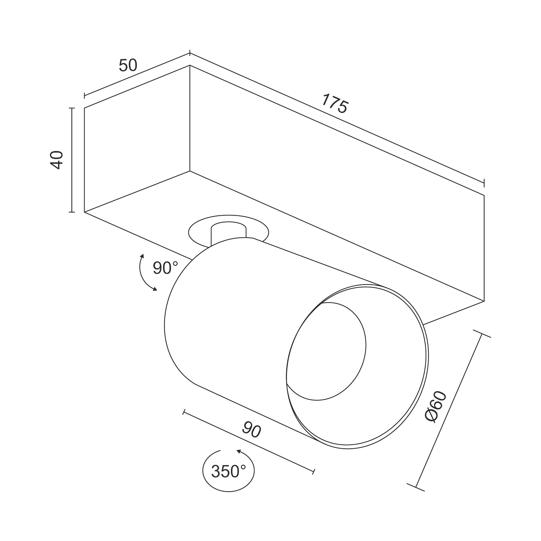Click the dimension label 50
pyautogui.click(x=128, y=65)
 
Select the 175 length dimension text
pyautogui.click(x=335, y=103)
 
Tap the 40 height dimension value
pyautogui.click(x=57, y=160)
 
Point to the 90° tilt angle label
pyautogui.click(x=165, y=268)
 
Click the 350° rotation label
pyautogui.click(x=228, y=471)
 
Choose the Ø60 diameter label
pyautogui.click(x=436, y=406)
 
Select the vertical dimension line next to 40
pyautogui.click(x=72, y=160)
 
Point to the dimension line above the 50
pyautogui.click(x=137, y=75)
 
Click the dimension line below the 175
pyautogui.click(x=337, y=118)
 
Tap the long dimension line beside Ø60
pyautogui.click(x=449, y=410)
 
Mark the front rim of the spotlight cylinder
pyautogui.click(x=428, y=361)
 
